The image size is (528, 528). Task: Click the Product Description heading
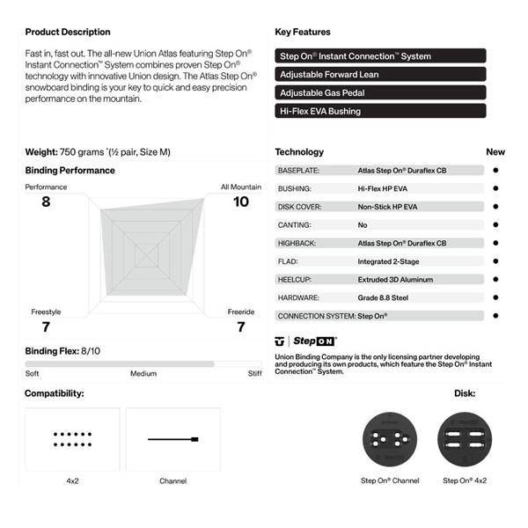(x=68, y=33)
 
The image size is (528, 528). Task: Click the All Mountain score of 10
(x=240, y=202)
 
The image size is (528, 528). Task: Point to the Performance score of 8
(x=46, y=202)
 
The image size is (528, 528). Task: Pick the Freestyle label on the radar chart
(x=46, y=312)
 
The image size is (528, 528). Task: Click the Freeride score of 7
(x=240, y=326)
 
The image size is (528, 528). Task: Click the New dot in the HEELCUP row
(x=495, y=279)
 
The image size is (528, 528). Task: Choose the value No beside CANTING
(x=363, y=224)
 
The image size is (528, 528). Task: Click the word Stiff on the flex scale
(x=254, y=373)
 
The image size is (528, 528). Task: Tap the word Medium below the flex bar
(x=143, y=373)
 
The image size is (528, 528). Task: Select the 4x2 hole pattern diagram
(x=73, y=439)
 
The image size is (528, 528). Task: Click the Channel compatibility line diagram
(x=172, y=439)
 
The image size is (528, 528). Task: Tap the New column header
(x=495, y=152)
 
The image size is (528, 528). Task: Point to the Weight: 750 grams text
(x=98, y=152)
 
